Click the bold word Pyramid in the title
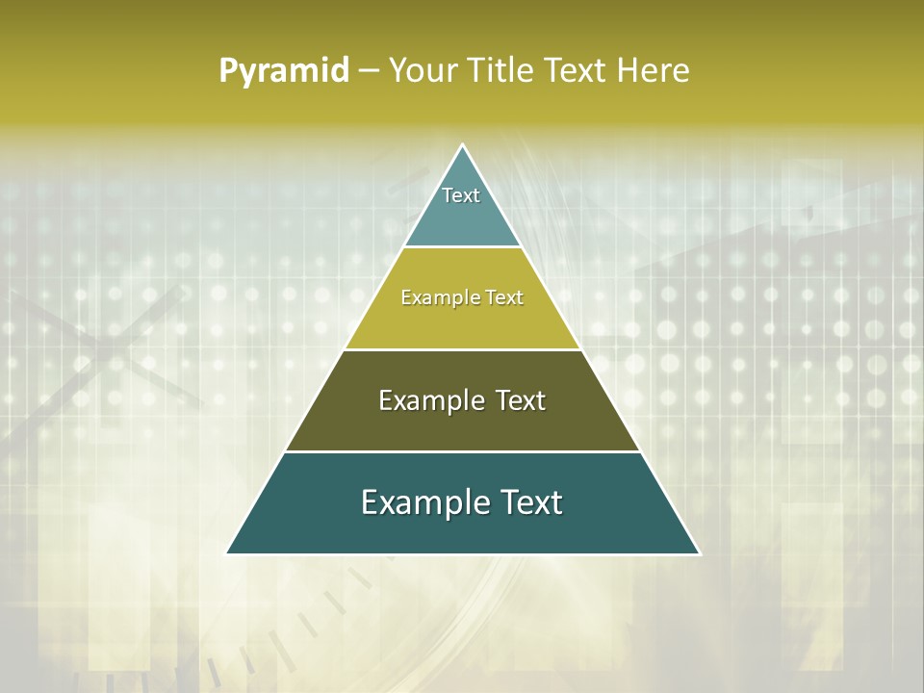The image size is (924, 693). point(284,71)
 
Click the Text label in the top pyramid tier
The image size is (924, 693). point(461,195)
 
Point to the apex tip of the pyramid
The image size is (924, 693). point(463,145)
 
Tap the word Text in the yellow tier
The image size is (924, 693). point(504,298)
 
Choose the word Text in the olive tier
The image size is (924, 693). point(521,400)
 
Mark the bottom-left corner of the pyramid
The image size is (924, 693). point(226,553)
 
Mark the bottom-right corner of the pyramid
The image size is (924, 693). point(700,553)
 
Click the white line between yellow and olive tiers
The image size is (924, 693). point(463,349)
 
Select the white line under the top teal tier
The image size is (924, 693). point(463,247)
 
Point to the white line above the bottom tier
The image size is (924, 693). point(463,451)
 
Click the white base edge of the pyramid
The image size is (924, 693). point(463,554)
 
